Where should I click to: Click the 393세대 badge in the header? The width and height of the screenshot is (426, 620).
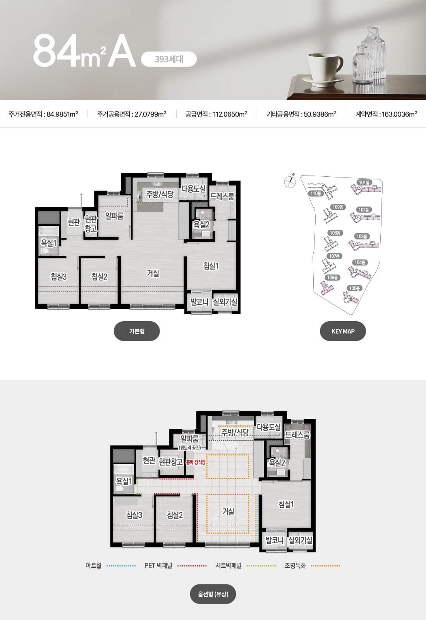click(169, 59)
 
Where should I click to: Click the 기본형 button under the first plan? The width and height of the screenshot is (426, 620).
click(137, 331)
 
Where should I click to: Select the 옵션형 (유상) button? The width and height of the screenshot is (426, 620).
click(213, 594)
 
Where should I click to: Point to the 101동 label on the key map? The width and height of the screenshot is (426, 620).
click(364, 183)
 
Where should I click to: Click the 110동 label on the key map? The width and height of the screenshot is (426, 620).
click(316, 193)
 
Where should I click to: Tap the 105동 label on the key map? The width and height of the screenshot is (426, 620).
click(354, 288)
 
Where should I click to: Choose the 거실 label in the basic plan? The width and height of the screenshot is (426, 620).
click(153, 273)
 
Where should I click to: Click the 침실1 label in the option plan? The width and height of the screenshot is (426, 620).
click(286, 504)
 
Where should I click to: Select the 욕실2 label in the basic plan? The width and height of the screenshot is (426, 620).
click(201, 224)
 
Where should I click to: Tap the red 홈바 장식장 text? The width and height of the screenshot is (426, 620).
click(196, 462)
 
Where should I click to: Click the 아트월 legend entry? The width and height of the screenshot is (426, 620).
click(110, 565)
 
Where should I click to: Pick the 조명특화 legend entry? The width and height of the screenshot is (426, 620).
click(312, 565)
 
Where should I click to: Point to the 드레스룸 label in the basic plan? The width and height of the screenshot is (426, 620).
click(222, 196)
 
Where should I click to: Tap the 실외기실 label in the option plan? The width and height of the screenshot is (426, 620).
click(300, 540)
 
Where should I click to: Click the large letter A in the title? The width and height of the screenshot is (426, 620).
click(122, 51)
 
